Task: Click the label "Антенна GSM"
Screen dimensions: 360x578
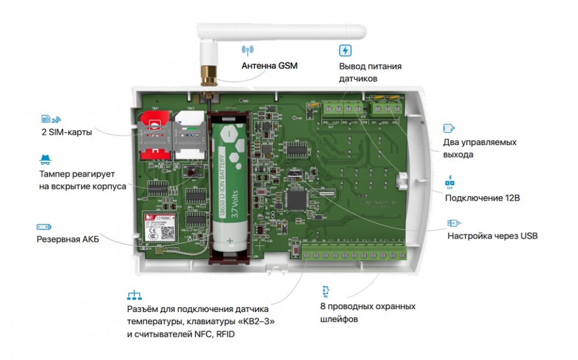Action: coord(269,65)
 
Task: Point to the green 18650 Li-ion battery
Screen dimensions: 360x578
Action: coord(230,185)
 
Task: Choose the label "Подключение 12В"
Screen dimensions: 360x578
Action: coord(483,198)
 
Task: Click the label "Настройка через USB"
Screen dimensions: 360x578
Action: coord(492,236)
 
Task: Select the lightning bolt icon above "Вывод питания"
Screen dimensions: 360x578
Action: coord(345,50)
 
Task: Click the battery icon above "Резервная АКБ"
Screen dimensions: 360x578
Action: coord(45,227)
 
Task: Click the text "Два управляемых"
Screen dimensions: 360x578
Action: coord(479,142)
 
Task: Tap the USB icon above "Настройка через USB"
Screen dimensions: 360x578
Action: coord(454,223)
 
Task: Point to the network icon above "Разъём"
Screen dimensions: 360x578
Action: coord(134,295)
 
